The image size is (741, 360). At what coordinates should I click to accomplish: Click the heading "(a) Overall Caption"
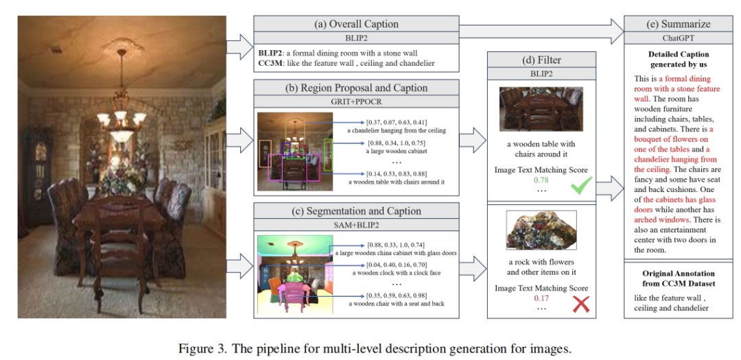(355, 23)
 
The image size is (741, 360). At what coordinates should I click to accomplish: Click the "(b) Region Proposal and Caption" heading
(355, 88)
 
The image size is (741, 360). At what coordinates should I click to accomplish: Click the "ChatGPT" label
(677, 38)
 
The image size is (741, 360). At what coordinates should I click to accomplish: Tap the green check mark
(582, 184)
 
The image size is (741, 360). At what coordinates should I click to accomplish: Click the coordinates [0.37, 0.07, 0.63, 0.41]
(396, 121)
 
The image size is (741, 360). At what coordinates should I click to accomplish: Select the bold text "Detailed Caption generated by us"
(677, 59)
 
